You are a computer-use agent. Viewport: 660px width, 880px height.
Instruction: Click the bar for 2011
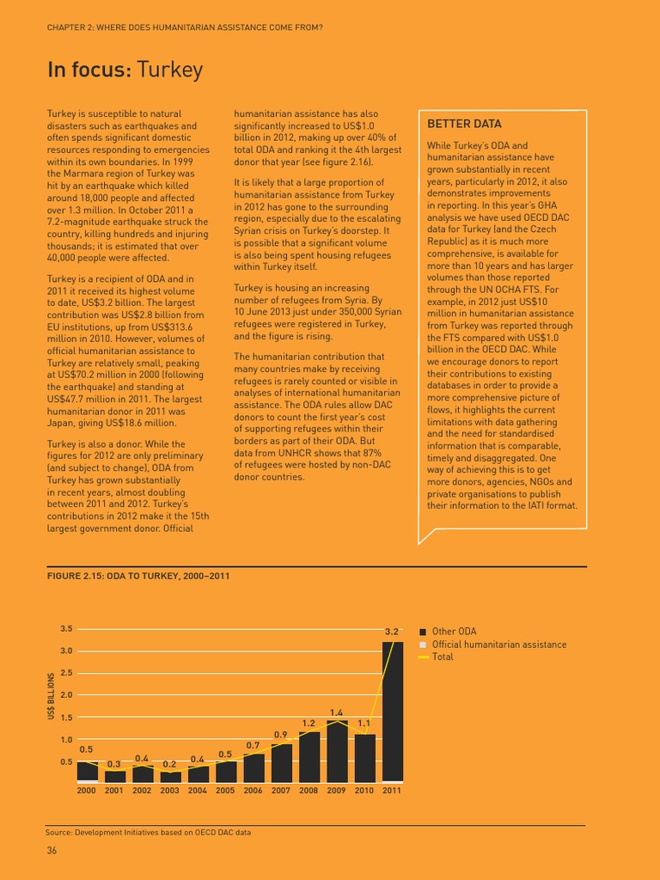pos(392,712)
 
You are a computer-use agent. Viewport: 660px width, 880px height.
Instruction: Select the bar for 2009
pos(336,751)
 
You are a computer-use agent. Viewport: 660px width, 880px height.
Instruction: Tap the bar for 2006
pos(254,767)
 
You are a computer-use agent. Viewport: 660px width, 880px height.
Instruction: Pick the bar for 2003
pos(170,777)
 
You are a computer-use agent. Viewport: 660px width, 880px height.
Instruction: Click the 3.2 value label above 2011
pos(392,632)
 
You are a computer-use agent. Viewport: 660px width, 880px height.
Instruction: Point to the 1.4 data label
pos(336,712)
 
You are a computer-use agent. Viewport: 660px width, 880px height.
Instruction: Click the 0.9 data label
pos(281,734)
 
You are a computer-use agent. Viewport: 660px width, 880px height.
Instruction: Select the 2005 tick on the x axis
pos(225,790)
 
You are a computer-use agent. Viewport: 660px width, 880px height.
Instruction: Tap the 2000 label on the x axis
pos(87,790)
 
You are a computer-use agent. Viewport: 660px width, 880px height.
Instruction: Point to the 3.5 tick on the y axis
pos(67,629)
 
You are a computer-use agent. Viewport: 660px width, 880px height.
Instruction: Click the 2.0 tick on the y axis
pos(67,694)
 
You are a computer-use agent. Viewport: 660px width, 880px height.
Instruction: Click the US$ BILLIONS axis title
pos(52,695)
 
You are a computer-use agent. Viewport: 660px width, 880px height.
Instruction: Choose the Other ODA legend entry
pos(455,632)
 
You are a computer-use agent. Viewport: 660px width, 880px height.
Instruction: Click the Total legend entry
pos(443,657)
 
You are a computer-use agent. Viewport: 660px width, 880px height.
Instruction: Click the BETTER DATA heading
pos(464,124)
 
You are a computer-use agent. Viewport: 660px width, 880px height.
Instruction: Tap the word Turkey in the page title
pos(170,70)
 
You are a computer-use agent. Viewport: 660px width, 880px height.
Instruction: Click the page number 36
pos(52,851)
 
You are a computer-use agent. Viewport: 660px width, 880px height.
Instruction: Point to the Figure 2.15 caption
pos(138,575)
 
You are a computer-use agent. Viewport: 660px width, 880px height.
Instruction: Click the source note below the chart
pos(148,832)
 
